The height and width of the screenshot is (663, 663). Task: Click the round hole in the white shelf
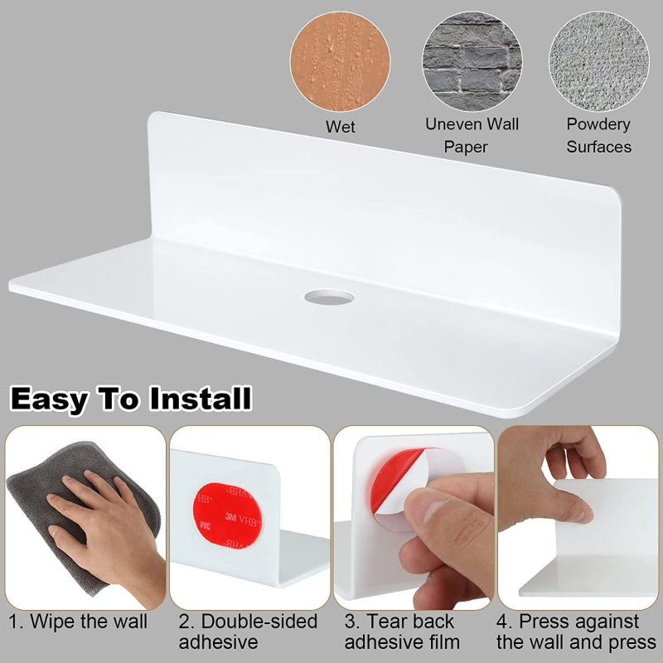[x=329, y=297]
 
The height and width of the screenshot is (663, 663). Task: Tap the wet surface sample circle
[x=340, y=61]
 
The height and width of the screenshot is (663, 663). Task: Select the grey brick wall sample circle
[x=472, y=61]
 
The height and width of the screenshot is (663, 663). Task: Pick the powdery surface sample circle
[x=598, y=61]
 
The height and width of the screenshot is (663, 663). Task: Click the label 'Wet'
[x=340, y=127]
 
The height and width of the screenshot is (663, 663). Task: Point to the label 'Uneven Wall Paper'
[x=472, y=135]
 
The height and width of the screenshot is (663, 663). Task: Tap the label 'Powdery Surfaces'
[x=598, y=135]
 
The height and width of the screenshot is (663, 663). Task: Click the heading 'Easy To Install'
[x=131, y=399]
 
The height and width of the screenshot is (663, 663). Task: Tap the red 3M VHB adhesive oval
[x=227, y=515]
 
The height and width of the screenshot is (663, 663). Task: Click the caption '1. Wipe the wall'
[x=78, y=622]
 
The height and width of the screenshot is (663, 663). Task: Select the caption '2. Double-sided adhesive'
[x=248, y=632]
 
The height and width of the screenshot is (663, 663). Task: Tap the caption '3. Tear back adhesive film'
[x=402, y=632]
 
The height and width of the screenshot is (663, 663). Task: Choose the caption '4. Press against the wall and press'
[x=577, y=632]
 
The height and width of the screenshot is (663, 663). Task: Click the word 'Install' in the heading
[x=201, y=399]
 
